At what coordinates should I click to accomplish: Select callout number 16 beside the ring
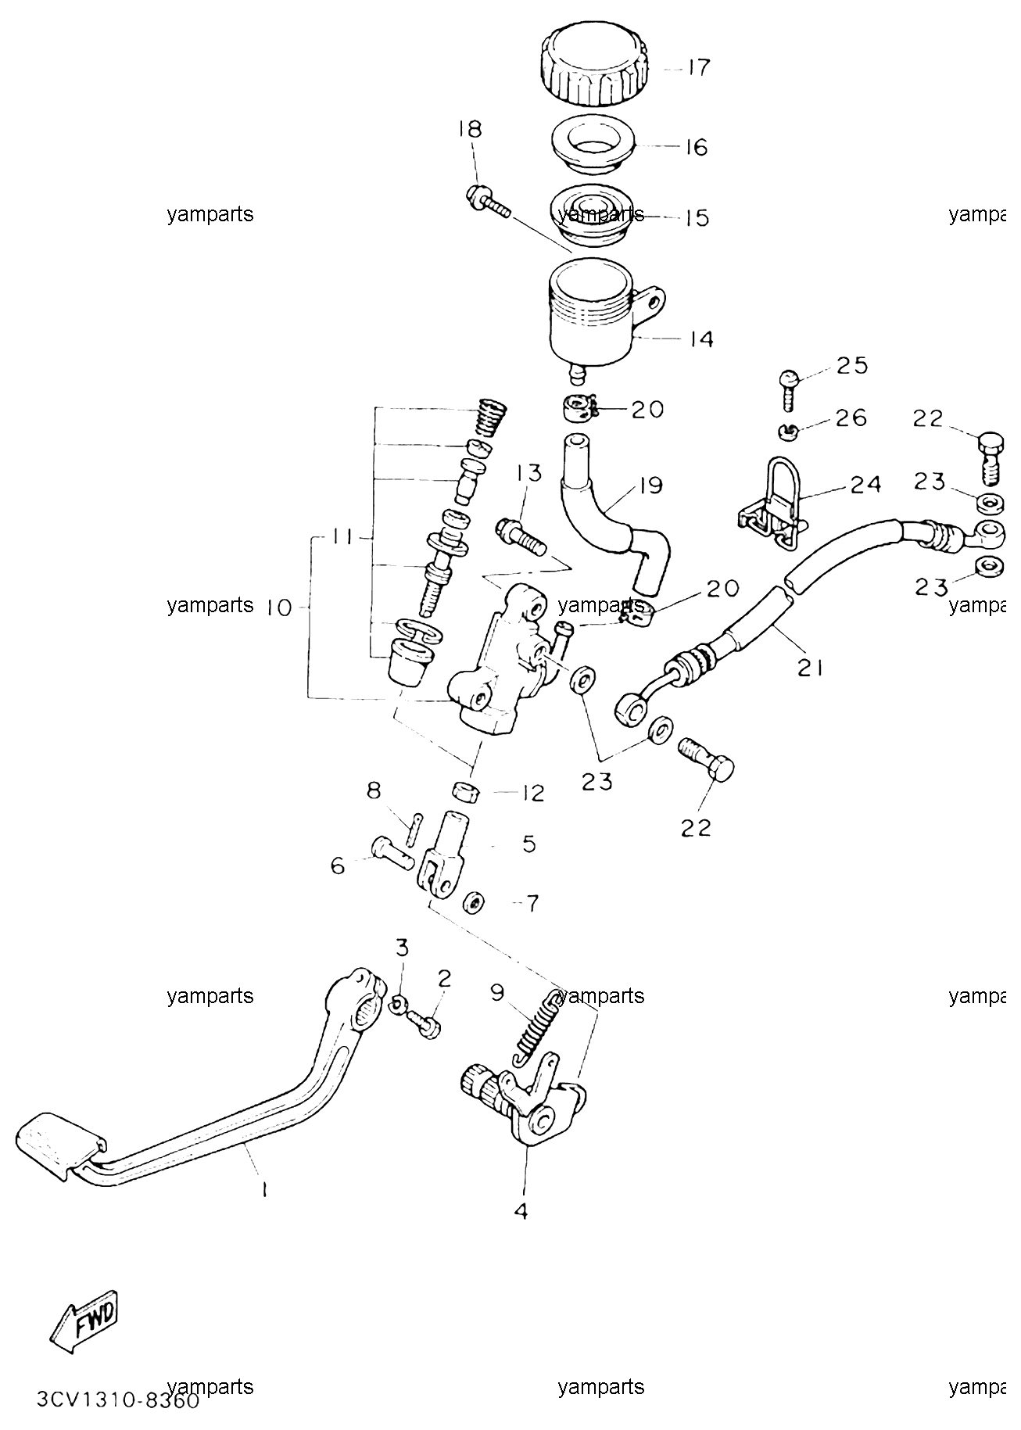[696, 147]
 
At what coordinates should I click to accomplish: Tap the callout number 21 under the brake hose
[810, 668]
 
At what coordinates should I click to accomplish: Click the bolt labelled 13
[519, 537]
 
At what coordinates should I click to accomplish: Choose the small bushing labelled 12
[467, 790]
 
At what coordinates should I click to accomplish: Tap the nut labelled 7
[471, 903]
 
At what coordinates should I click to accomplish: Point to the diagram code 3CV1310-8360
[118, 1399]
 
